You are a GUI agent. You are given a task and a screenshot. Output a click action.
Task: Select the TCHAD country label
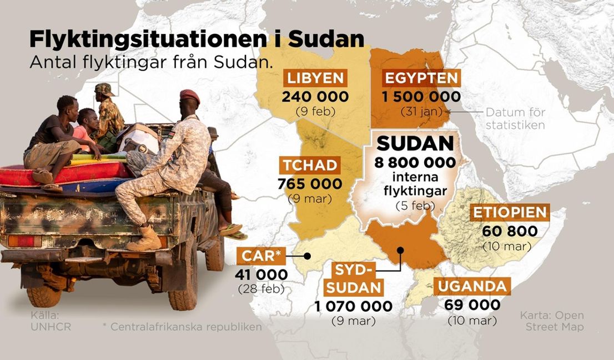(309, 164)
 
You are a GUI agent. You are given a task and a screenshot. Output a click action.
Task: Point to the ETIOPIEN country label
(510, 212)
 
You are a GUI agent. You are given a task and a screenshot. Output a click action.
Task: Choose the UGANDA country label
(472, 287)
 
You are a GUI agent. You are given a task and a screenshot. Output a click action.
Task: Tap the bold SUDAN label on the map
(415, 144)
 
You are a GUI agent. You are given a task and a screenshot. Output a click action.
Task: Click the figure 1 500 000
(421, 97)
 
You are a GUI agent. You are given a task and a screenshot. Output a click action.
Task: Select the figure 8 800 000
(415, 163)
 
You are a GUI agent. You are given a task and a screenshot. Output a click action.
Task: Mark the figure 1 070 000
(353, 306)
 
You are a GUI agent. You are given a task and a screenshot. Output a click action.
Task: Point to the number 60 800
(510, 231)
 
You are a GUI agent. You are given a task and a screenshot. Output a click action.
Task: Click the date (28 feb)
(261, 289)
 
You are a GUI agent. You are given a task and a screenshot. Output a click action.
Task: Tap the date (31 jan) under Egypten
(421, 112)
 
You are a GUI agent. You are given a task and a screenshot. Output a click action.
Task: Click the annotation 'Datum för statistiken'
(515, 118)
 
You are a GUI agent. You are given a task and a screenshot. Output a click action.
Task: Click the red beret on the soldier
(189, 96)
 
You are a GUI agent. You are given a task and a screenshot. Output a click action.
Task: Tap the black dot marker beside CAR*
(306, 256)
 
